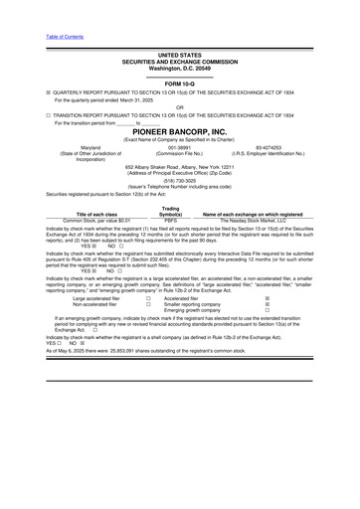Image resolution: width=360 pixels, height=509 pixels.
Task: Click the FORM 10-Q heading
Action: click(179, 84)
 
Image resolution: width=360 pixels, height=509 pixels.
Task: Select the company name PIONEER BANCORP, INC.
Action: click(179, 131)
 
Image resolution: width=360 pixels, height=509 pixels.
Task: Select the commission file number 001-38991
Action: click(179, 147)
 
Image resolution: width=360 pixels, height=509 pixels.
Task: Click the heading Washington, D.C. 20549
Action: click(179, 67)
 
